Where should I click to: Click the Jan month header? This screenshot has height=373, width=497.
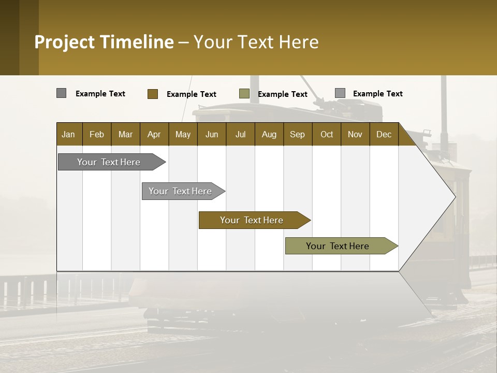pyautogui.click(x=69, y=134)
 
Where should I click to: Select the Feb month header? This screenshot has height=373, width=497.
pyautogui.click(x=97, y=134)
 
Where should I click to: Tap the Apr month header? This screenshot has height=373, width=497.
pyautogui.click(x=154, y=134)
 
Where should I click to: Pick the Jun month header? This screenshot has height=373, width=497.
pyautogui.click(x=212, y=134)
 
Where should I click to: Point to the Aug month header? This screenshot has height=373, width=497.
pyautogui.click(x=269, y=134)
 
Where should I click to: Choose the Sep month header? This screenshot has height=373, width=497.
pyautogui.click(x=298, y=134)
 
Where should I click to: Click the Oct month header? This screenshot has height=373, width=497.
pyautogui.click(x=327, y=134)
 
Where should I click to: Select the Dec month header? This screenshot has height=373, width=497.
pyautogui.click(x=384, y=134)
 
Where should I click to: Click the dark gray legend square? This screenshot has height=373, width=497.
pyautogui.click(x=61, y=93)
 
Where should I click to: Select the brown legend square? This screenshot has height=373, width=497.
pyautogui.click(x=152, y=94)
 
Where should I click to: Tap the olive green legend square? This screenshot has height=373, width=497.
pyautogui.click(x=244, y=94)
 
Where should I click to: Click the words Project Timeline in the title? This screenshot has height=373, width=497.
pyautogui.click(x=104, y=42)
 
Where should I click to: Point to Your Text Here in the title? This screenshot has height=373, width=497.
pyautogui.click(x=256, y=42)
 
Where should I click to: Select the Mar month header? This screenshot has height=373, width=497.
pyautogui.click(x=125, y=134)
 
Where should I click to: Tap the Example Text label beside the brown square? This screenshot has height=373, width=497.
pyautogui.click(x=192, y=94)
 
